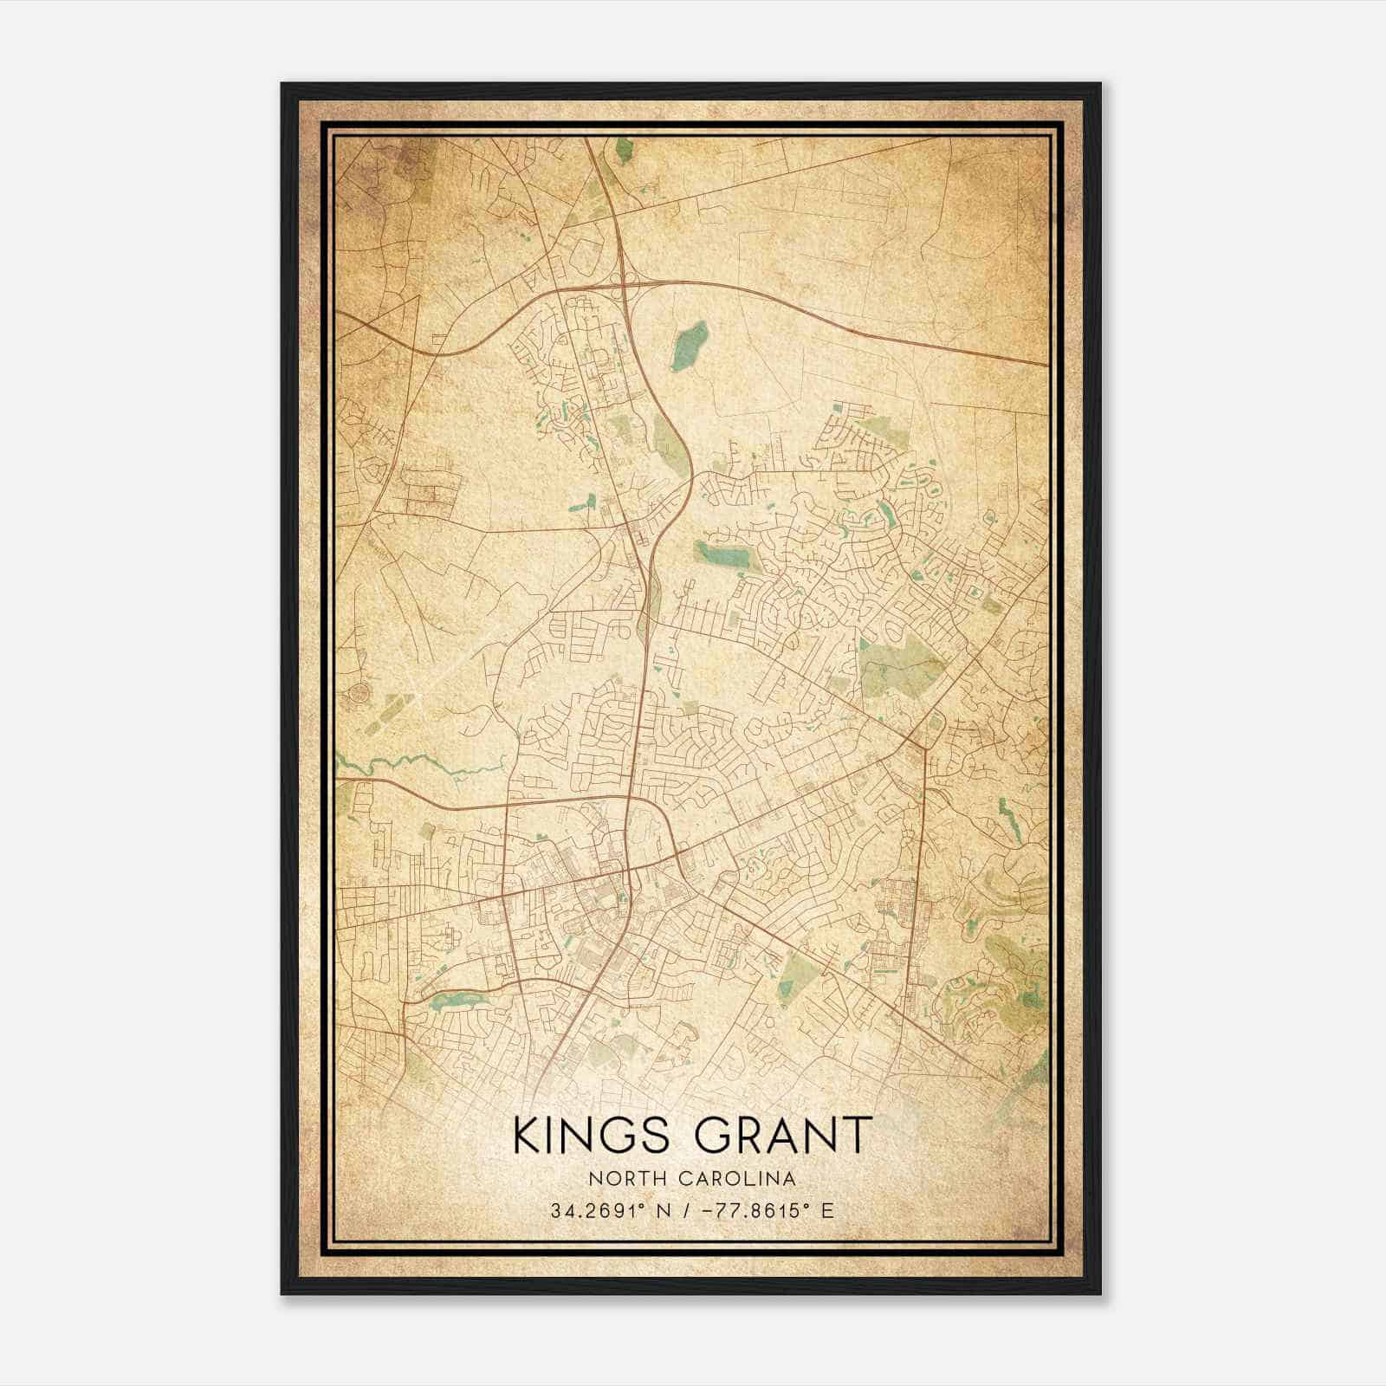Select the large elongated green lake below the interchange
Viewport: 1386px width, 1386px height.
tap(690, 345)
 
